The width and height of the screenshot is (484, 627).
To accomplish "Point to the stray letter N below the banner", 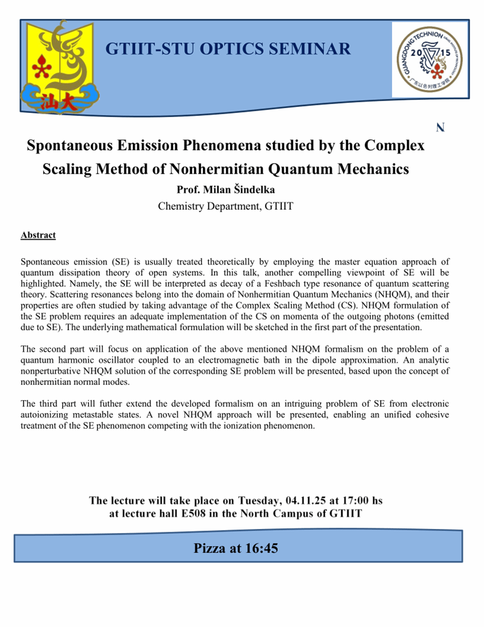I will coord(440,128).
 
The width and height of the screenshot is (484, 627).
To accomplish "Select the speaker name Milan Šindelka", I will coord(250,189).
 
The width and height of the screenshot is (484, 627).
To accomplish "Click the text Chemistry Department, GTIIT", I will coord(226,206).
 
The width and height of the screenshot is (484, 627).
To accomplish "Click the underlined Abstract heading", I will coord(38,235).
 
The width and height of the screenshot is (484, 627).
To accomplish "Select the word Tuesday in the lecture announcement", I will coord(259,500).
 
